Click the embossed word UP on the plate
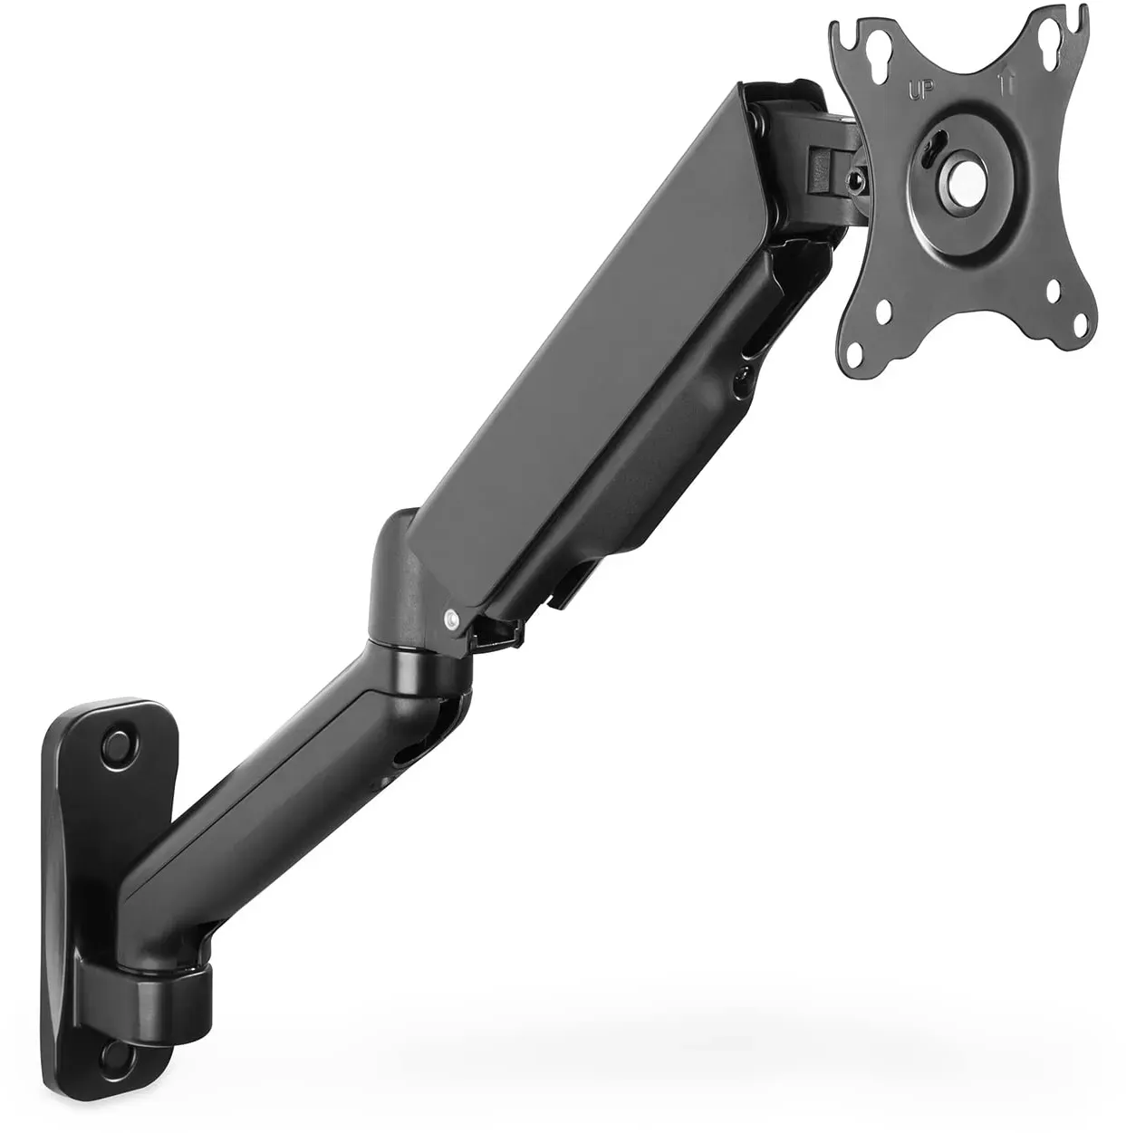click(x=919, y=90)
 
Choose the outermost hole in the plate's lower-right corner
click(x=1081, y=323)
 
